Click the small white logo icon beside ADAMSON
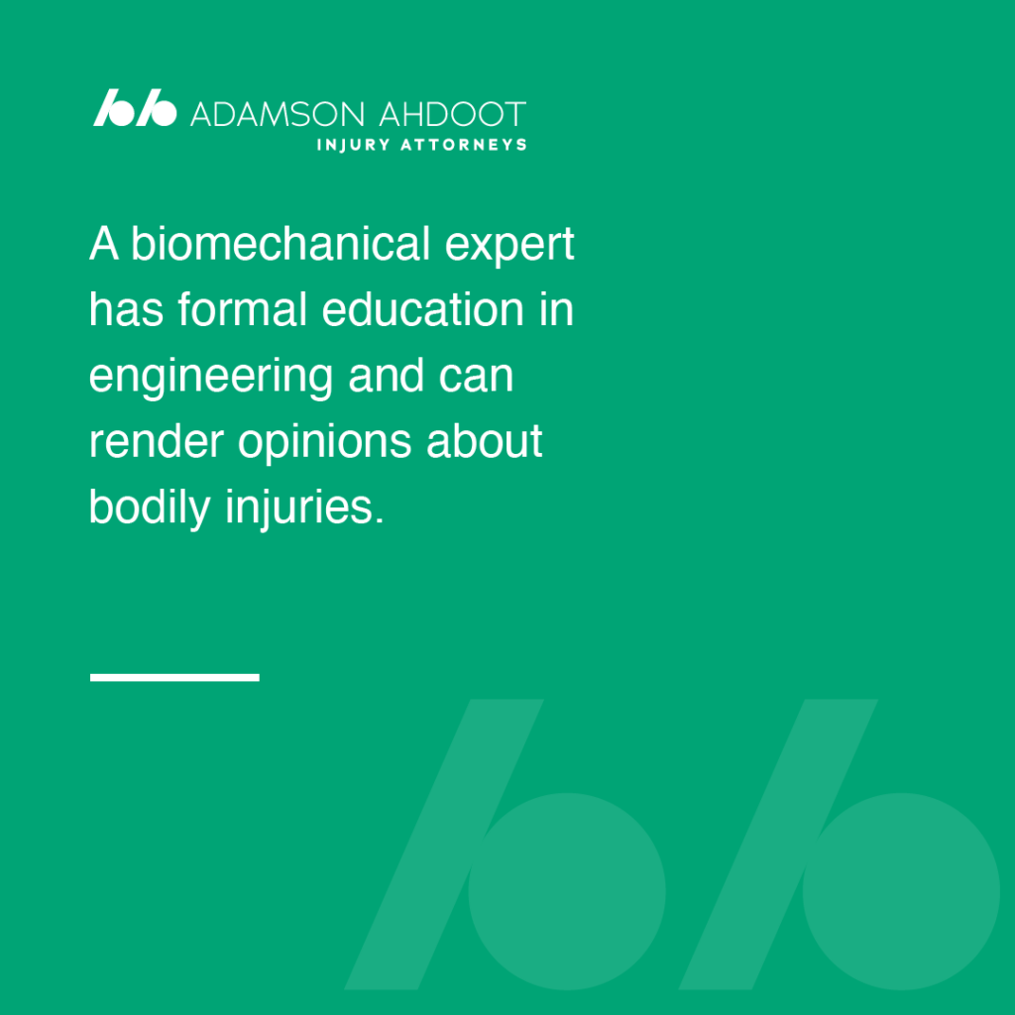135,107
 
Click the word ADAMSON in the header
278,115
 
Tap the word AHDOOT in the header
452,115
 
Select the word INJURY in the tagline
354,145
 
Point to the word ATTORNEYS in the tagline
464,145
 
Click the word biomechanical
281,244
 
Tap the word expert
509,247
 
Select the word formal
242,309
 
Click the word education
422,309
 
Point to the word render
157,441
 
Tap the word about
484,441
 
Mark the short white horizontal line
174,677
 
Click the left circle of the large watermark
566,891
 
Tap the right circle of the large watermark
901,891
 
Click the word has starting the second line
126,309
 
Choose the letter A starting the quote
103,244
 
